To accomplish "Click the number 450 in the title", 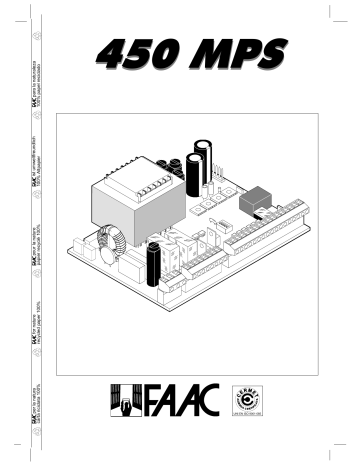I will pyautogui.click(x=151, y=51).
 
